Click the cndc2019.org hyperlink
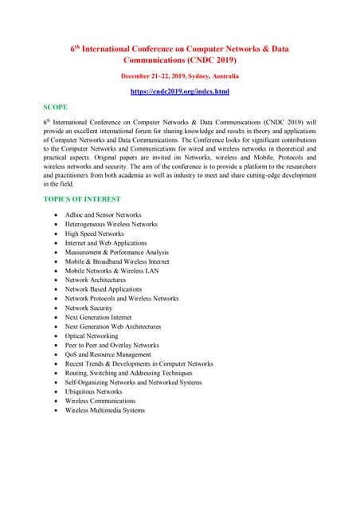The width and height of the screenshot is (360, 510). click(x=179, y=92)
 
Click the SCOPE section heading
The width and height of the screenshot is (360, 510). click(x=56, y=106)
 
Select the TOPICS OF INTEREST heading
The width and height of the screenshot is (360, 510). click(x=82, y=198)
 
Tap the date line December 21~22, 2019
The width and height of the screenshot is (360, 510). click(x=179, y=76)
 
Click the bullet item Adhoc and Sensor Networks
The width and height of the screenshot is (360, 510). click(x=103, y=215)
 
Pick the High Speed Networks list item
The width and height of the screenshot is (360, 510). click(x=94, y=233)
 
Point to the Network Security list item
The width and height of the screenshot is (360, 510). click(x=88, y=308)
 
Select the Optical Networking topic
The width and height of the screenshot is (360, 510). click(x=92, y=335)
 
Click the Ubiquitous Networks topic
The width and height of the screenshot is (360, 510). click(x=93, y=391)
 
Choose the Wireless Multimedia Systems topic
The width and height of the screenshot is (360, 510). click(x=104, y=410)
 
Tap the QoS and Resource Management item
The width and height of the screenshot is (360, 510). click(x=108, y=355)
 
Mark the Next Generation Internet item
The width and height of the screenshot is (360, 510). click(x=98, y=317)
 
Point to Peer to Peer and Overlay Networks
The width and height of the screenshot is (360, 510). click(x=112, y=345)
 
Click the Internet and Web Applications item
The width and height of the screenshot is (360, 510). click(x=105, y=243)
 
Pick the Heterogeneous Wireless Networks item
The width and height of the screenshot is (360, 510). click(x=111, y=224)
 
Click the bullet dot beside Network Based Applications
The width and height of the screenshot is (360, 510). click(x=54, y=289)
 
